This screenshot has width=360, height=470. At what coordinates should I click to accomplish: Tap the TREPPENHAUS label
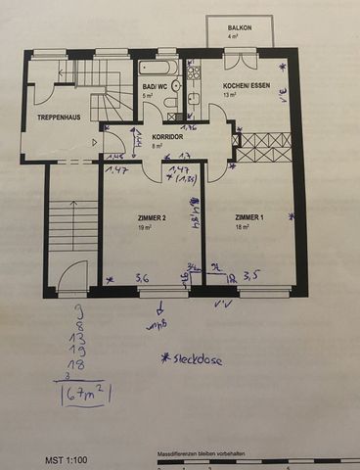(59, 117)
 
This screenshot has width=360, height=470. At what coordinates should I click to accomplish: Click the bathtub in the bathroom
(156, 70)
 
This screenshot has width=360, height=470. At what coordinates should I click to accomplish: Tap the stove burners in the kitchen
(194, 71)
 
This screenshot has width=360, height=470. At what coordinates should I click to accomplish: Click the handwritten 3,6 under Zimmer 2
(142, 278)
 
